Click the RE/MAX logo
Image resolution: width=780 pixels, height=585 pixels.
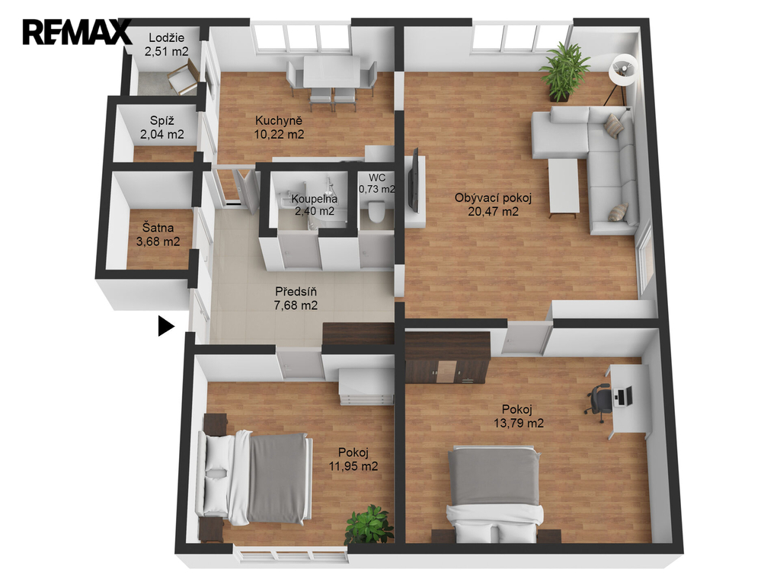pyautogui.click(x=77, y=32)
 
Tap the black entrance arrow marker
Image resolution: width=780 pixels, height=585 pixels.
pyautogui.click(x=166, y=326)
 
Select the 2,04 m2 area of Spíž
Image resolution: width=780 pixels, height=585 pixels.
pyautogui.click(x=162, y=134)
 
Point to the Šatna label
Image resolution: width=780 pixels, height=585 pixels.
pyautogui.click(x=158, y=228)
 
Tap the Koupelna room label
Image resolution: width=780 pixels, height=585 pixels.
pyautogui.click(x=315, y=199)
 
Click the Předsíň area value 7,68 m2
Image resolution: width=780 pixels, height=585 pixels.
pyautogui.click(x=296, y=305)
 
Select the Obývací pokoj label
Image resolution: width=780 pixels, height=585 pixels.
pyautogui.click(x=494, y=198)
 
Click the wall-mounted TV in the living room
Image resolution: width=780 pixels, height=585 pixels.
pyautogui.click(x=413, y=178)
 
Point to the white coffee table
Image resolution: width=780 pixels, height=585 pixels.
pyautogui.click(x=563, y=188)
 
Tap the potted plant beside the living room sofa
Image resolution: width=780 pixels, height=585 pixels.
pyautogui.click(x=566, y=72)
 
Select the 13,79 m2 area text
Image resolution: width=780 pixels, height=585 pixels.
pyautogui.click(x=519, y=424)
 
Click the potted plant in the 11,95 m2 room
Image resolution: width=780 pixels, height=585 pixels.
pyautogui.click(x=369, y=525)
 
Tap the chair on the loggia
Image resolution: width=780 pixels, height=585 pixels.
pyautogui.click(x=182, y=78)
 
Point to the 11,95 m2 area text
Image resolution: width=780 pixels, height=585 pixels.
pyautogui.click(x=353, y=466)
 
